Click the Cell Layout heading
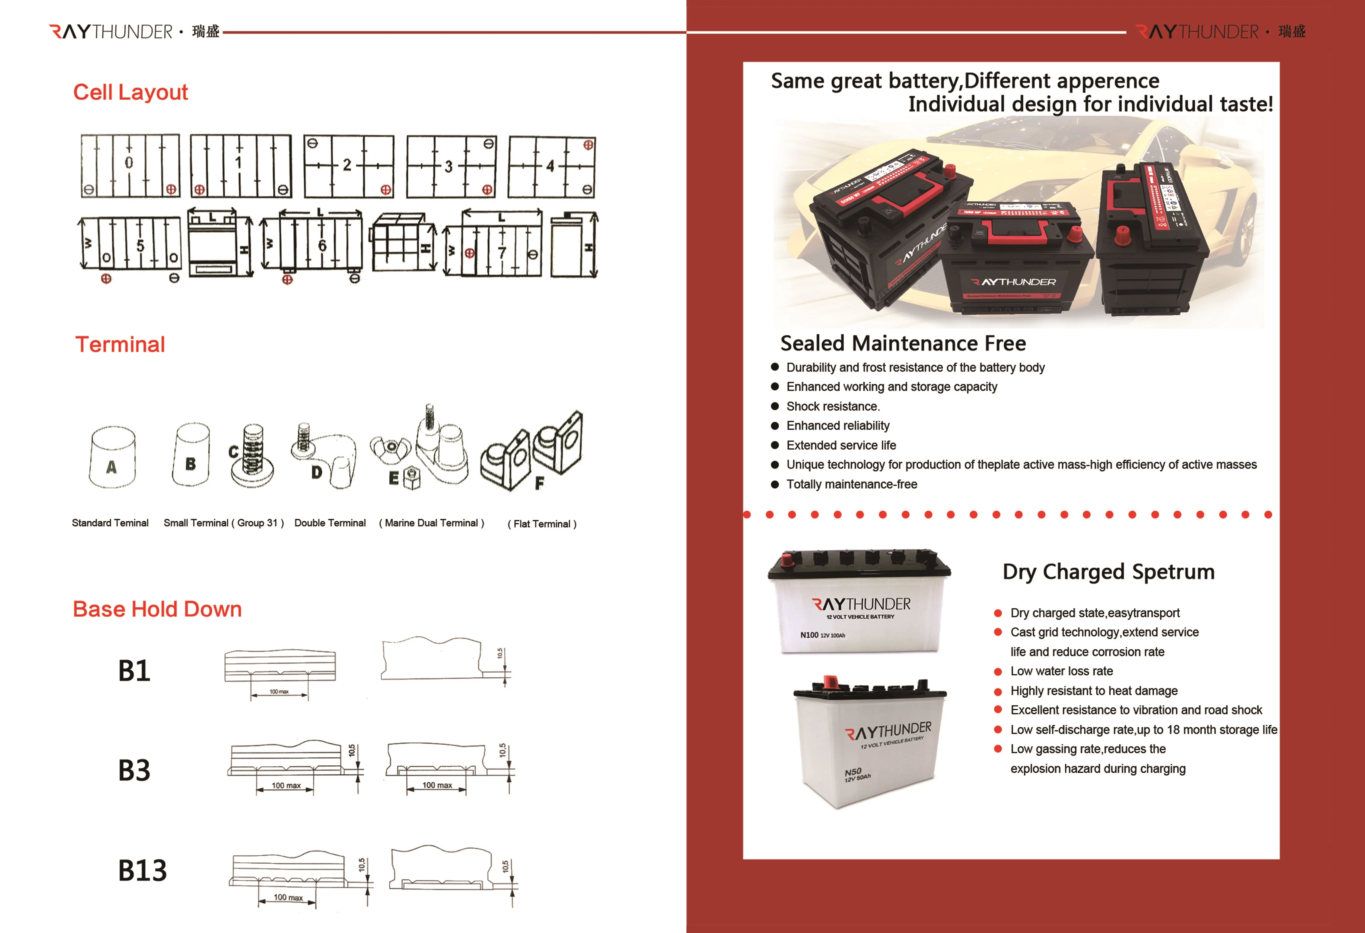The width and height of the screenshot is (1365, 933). [131, 92]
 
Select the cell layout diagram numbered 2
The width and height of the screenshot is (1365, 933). [349, 166]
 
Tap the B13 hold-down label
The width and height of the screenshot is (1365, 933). [142, 870]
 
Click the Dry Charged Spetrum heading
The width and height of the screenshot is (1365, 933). [1108, 572]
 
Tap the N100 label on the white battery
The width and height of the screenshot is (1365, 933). [809, 635]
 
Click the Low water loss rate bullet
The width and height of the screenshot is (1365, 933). [1061, 671]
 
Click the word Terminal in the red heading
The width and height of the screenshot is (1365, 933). [120, 344]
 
